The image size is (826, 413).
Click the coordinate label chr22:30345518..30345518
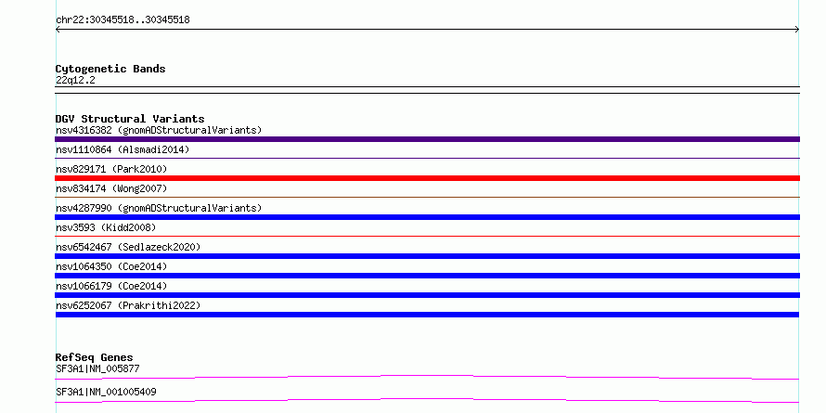pos(123,20)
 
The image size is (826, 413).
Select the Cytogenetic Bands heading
pos(110,69)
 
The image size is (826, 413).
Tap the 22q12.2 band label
pos(75,81)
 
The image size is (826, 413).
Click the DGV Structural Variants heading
pos(130,119)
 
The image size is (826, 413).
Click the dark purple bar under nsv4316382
pos(427,139)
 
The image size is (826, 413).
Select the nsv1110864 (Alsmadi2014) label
pos(123,149)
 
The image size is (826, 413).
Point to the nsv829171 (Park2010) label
pos(111,169)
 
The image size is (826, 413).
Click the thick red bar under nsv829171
pos(427,178)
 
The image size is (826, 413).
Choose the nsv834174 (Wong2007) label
pos(111,188)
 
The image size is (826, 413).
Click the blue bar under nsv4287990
pos(427,217)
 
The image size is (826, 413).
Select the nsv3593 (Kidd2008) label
pos(106,227)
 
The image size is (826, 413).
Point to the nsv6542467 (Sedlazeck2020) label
pos(128,247)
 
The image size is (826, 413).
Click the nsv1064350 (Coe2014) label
pos(111,266)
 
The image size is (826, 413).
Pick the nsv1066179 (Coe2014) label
pos(111,286)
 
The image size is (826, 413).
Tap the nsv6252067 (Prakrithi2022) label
pos(128,305)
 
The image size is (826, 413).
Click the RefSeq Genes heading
pos(94,357)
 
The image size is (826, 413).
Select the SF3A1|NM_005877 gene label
pos(97,368)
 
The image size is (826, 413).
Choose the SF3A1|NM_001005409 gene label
pos(106,392)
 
